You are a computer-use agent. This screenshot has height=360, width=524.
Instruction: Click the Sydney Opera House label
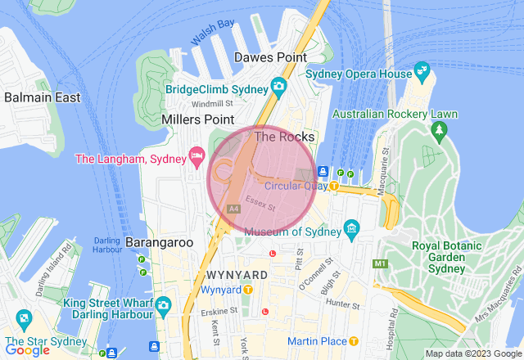tap(359, 74)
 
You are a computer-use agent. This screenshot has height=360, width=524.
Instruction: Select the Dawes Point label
tap(270, 57)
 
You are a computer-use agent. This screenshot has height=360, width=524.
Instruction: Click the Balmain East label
tap(42, 97)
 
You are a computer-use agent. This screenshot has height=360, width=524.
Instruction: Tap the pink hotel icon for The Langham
tap(196, 155)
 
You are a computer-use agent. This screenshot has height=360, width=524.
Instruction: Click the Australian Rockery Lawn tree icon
tap(440, 129)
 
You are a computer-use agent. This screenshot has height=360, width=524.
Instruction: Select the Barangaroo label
tap(159, 242)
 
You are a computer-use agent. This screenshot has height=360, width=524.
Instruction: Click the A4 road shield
tap(233, 209)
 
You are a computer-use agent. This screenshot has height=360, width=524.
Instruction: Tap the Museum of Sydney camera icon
tap(351, 227)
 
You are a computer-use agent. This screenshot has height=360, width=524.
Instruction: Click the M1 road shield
tap(379, 263)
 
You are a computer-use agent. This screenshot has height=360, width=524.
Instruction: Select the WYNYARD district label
tap(237, 273)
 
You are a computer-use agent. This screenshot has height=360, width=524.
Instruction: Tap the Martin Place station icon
tap(354, 340)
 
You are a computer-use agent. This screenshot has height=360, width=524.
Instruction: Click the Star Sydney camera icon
tap(24, 318)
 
